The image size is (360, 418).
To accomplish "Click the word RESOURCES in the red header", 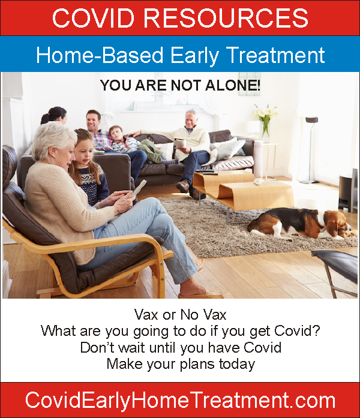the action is point(226,17).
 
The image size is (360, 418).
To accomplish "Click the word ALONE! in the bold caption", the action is point(233,85).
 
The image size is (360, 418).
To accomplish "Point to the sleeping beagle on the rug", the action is point(301,223).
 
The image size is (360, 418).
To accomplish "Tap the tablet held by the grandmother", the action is point(139,188).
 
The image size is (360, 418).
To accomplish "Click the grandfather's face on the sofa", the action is point(191,120).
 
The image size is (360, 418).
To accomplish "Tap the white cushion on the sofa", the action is point(230,149).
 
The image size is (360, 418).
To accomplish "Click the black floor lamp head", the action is point(311,120).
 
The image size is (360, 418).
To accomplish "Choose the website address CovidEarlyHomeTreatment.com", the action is point(180,400).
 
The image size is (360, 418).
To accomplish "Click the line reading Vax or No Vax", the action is point(180,315).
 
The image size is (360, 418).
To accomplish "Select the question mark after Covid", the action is point(316,330).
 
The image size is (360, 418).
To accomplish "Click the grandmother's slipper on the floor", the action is point(202,295).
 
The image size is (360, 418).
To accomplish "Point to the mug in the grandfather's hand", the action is point(180,143).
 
